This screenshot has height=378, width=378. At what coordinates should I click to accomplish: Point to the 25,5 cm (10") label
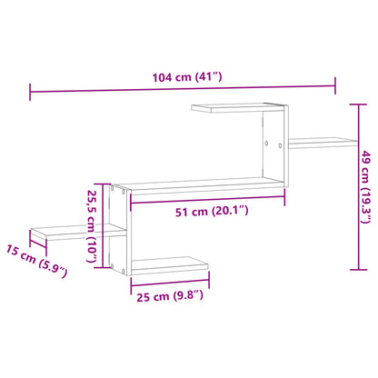coord(91,226)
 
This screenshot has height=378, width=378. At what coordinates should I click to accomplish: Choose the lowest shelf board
coord(167,265)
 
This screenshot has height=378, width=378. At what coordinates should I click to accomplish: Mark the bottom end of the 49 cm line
coord(352,271)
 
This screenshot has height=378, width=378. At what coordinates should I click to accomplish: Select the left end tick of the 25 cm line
coord(131,282)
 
